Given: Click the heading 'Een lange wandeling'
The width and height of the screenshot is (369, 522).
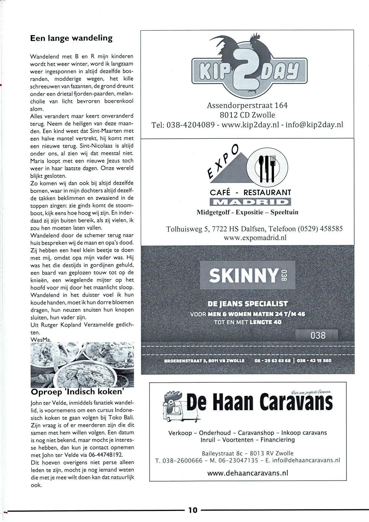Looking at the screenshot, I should (71, 38).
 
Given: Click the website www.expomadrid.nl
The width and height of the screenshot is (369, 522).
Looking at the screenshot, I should (255, 237).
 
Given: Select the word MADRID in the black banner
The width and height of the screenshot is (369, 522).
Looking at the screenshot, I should (250, 202).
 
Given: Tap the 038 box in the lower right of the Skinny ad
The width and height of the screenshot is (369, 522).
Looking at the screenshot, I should (318, 335).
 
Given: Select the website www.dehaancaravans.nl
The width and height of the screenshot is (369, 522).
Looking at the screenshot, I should (248, 473).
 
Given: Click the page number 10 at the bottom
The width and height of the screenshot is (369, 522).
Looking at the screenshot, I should (193, 510).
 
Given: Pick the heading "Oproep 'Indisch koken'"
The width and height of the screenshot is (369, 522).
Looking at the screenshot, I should (77, 392).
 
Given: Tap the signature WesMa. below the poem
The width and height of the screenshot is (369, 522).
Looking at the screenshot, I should (41, 339).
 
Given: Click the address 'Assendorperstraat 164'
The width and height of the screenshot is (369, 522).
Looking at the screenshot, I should (247, 105).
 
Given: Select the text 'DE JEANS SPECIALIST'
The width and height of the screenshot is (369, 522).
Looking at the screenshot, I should (248, 304).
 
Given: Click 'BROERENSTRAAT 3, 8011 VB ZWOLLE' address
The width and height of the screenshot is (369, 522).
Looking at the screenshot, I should (204, 361).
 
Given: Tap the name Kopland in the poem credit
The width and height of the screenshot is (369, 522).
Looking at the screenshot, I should (72, 325).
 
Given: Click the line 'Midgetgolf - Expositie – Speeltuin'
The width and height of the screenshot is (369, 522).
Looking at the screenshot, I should (247, 212).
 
